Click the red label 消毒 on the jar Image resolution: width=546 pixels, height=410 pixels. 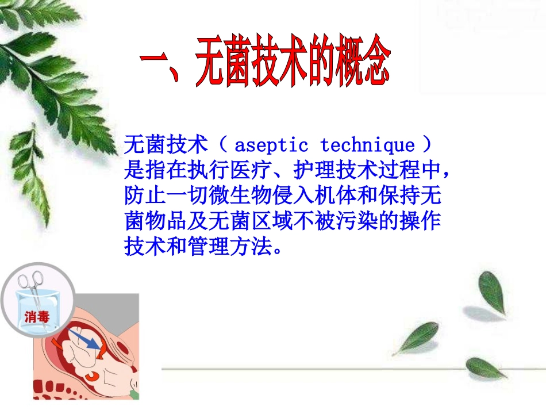37,316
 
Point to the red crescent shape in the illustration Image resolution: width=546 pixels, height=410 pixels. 91,376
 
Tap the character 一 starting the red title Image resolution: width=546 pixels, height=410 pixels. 157,62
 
